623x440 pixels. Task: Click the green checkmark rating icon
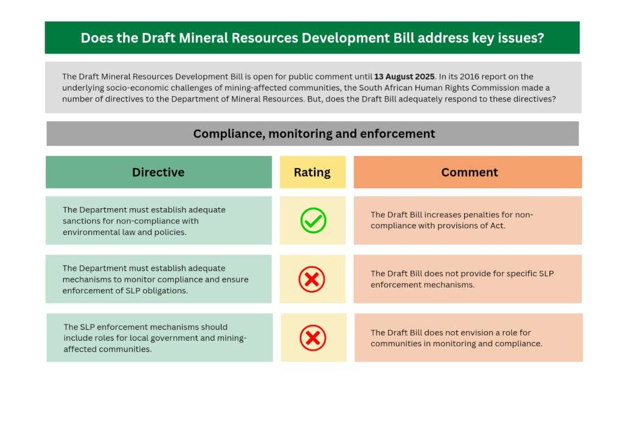[x=313, y=220]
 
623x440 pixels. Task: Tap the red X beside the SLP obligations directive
[x=312, y=279]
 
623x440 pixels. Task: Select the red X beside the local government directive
[x=313, y=338]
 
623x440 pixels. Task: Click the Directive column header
[x=159, y=172]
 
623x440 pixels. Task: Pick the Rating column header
[x=312, y=172]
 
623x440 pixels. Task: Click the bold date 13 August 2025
[x=405, y=76]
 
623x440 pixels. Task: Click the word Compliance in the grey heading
[x=229, y=134]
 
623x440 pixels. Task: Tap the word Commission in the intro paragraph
[x=490, y=88]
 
